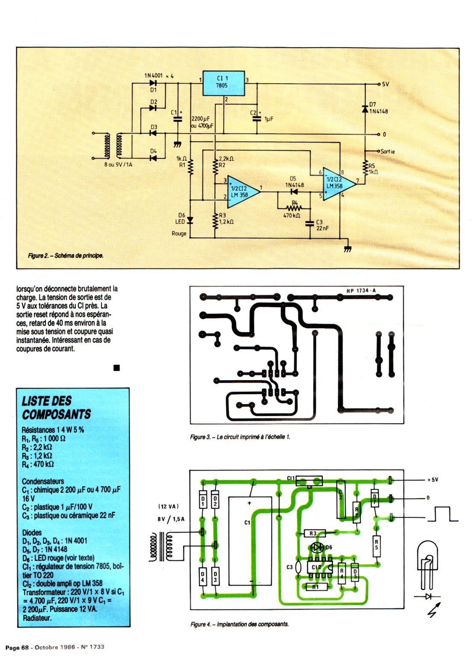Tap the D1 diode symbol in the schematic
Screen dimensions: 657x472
tap(153, 83)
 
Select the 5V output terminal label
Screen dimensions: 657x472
tap(385, 84)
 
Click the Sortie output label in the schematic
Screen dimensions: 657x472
tap(387, 151)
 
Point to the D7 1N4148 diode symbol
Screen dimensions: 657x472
tap(365, 109)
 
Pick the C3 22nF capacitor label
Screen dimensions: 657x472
tap(319, 225)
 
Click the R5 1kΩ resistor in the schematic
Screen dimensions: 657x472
tap(365, 169)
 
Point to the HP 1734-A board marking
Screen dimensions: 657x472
tap(361, 291)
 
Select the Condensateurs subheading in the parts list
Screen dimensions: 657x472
tap(43, 481)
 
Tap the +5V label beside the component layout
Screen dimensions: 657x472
tap(433, 480)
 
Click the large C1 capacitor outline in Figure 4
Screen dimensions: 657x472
tap(250, 541)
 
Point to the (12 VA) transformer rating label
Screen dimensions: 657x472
tap(168, 506)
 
